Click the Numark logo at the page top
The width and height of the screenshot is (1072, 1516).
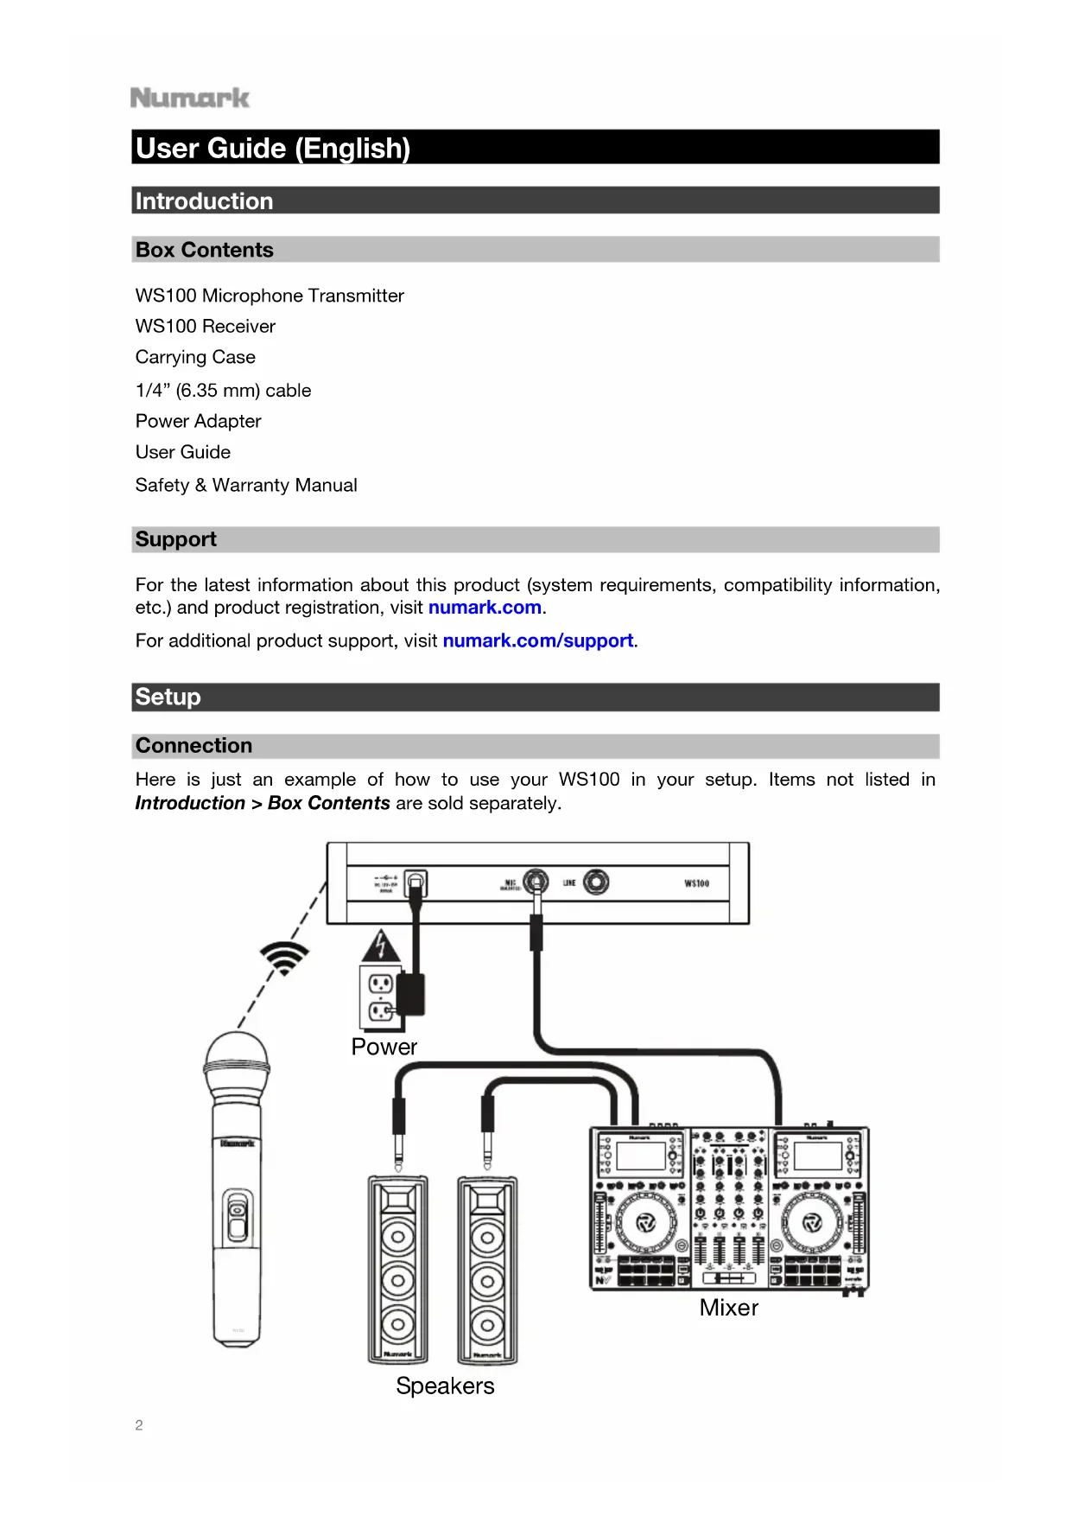pos(190,98)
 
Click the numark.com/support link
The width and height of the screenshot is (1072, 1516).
pos(538,640)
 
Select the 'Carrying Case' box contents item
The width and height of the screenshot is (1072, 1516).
pos(195,357)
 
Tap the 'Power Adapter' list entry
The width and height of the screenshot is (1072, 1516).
pos(198,421)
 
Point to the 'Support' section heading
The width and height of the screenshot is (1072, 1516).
pos(176,539)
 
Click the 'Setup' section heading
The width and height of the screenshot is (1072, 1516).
pos(168,697)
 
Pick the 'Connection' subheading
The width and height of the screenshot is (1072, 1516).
pos(194,745)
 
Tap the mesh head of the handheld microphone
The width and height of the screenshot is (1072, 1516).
pos(237,1062)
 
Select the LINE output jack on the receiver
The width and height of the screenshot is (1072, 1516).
pos(596,882)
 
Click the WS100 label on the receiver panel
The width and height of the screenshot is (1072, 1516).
pos(696,883)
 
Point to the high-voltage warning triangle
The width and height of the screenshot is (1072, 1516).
pos(381,946)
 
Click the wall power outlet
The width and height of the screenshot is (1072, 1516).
pos(381,997)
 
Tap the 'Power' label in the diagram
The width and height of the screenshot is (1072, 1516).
pos(384,1047)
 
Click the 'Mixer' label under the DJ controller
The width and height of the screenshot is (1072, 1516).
pos(728,1308)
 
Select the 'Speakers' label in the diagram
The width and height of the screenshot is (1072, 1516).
pos(445,1386)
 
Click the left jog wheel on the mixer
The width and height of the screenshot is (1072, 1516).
pos(645,1222)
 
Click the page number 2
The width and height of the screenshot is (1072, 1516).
pos(139,1425)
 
